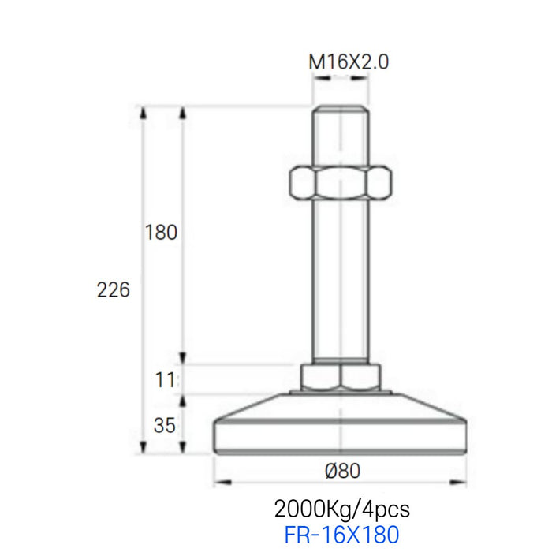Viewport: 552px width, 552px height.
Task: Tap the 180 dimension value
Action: point(162,233)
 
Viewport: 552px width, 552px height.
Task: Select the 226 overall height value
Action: point(114,290)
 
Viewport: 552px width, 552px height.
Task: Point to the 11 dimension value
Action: point(164,379)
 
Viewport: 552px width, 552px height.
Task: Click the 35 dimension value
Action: point(164,427)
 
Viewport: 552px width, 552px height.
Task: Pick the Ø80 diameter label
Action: point(341,471)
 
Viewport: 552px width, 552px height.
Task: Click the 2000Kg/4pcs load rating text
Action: point(341,507)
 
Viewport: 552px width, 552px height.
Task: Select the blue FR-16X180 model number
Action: point(341,535)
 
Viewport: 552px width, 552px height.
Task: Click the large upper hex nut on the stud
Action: point(341,183)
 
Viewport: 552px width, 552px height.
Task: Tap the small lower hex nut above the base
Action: point(341,376)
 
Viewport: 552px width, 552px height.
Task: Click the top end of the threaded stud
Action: point(341,110)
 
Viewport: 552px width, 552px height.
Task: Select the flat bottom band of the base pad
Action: point(341,441)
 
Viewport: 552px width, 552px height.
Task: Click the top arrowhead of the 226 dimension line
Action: point(143,112)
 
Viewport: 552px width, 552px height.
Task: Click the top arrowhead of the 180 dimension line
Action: point(183,112)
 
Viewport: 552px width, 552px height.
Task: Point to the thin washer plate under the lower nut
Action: point(341,390)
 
